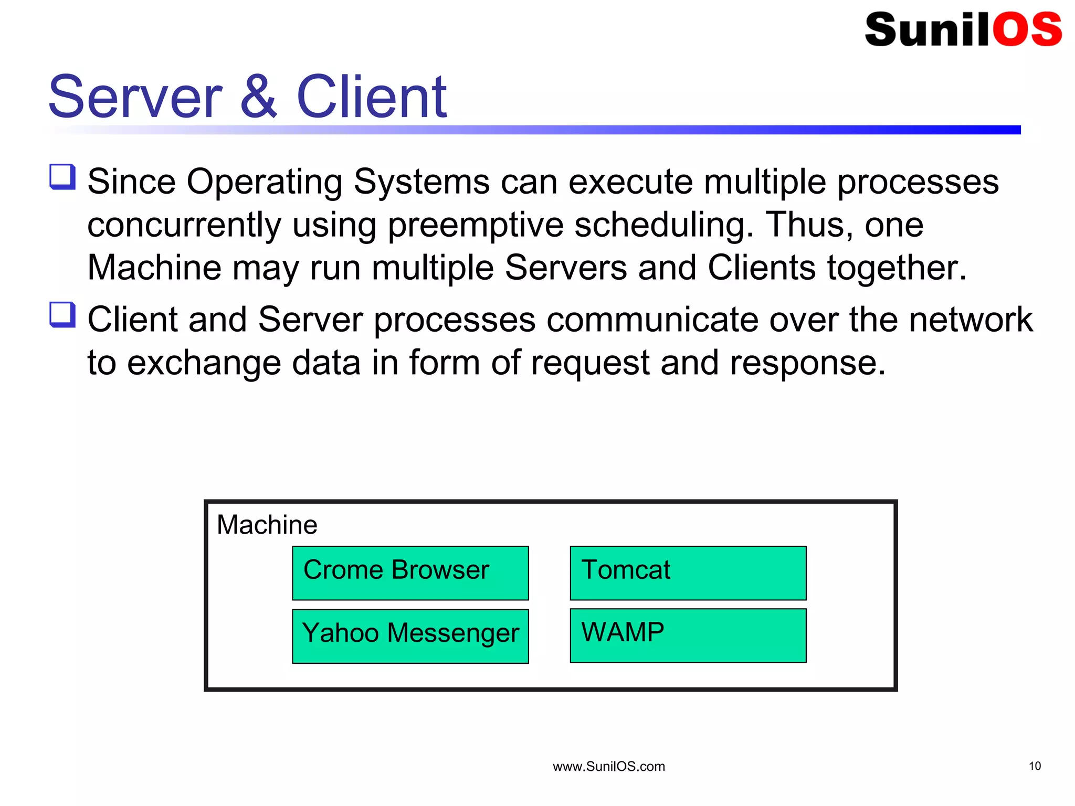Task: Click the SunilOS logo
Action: coord(963,29)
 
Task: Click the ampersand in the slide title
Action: coord(258,97)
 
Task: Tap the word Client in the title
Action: coord(371,97)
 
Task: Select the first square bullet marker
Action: coord(62,177)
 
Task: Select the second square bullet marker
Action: coord(62,315)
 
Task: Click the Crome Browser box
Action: coord(410,572)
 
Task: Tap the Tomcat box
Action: coord(688,572)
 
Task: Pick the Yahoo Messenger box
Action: coord(410,635)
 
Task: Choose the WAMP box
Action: coord(688,635)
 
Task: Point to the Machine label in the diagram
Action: coord(267,525)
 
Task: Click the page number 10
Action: coord(1034,766)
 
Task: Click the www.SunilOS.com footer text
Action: coord(608,767)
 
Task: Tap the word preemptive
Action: coord(475,226)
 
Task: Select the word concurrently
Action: coord(184,226)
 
